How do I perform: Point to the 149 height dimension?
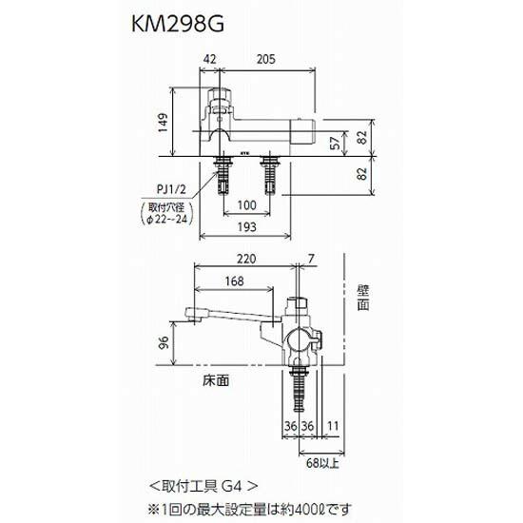(x=164, y=123)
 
